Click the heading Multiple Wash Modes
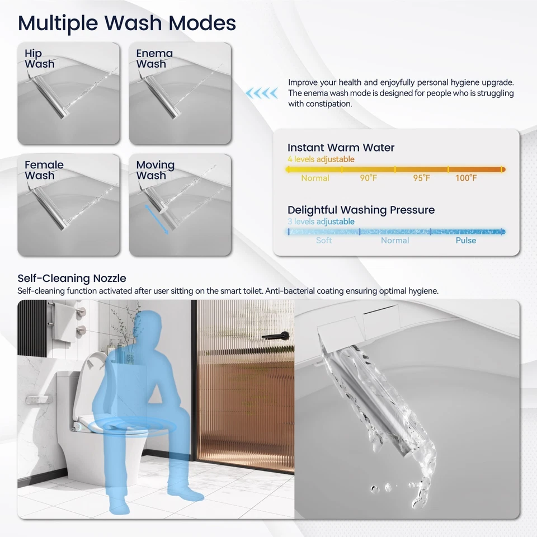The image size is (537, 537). [x=126, y=23]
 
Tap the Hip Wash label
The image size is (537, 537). [x=39, y=59]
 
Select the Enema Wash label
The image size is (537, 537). [x=154, y=59]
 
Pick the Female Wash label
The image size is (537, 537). [x=44, y=170]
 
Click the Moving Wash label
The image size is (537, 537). [x=155, y=170]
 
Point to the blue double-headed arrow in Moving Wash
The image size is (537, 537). [x=156, y=220]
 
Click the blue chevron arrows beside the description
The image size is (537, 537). [x=263, y=93]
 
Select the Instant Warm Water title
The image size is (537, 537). [x=341, y=148]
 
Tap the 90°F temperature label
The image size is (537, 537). [x=369, y=178]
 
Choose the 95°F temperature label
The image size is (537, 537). [x=422, y=178]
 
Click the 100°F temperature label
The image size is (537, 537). [x=465, y=178]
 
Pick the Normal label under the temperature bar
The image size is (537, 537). [x=315, y=178]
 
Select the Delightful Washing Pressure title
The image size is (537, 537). [x=361, y=210]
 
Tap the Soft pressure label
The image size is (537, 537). [x=324, y=241]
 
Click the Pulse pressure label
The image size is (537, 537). [x=465, y=241]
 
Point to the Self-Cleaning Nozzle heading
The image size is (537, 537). [x=72, y=278]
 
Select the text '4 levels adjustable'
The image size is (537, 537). [x=321, y=159]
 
